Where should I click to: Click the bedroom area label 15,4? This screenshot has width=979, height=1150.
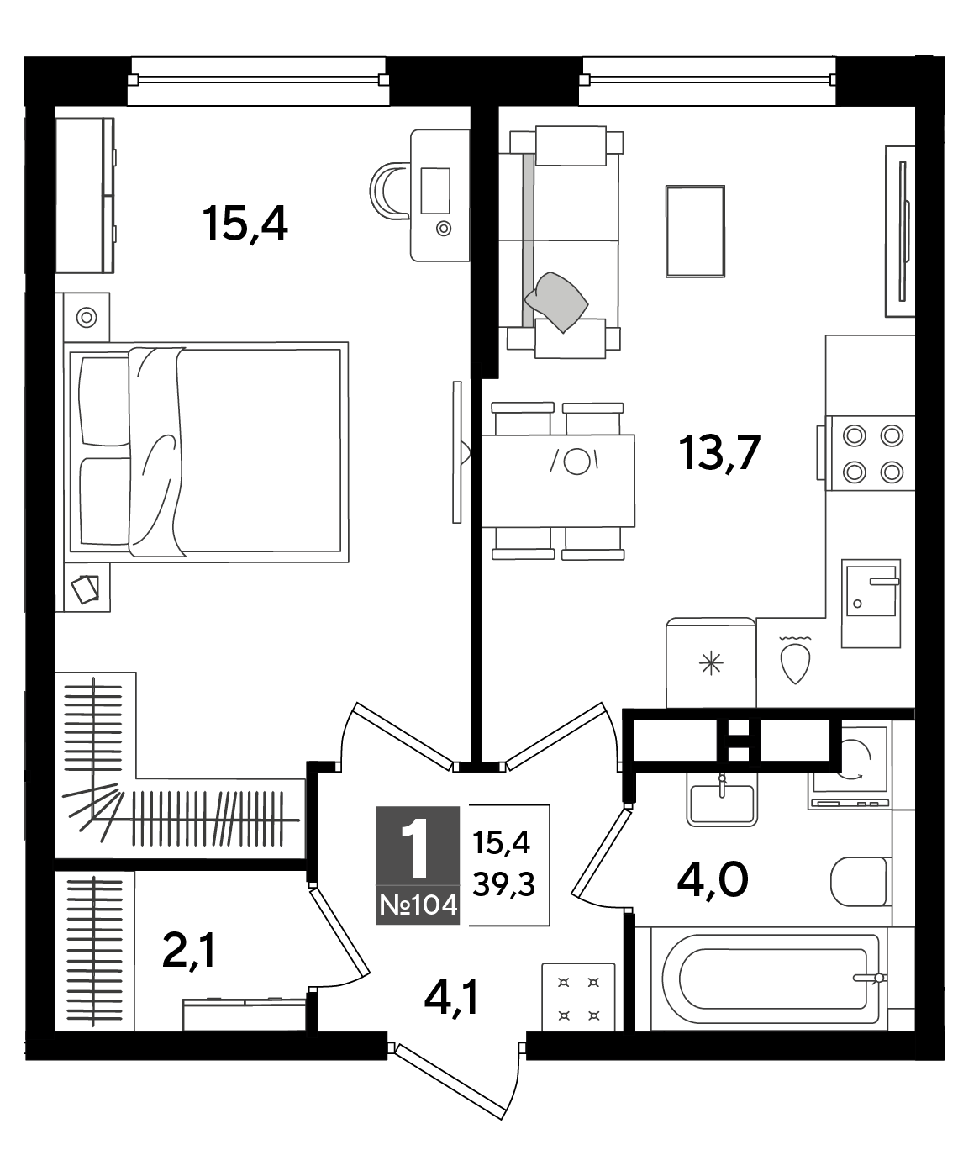[245, 224]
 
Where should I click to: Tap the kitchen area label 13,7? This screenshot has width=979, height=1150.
[719, 453]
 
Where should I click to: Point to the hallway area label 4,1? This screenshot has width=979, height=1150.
[451, 997]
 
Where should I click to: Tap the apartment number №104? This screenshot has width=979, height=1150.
[418, 906]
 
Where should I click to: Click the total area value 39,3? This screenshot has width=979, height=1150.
[504, 884]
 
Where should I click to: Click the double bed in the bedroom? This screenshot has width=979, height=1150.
[207, 452]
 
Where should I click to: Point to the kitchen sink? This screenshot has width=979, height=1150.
[871, 603]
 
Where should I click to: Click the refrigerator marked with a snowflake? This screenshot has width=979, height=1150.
[711, 662]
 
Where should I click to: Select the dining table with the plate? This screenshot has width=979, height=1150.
[559, 481]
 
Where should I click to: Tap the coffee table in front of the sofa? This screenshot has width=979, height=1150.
[695, 231]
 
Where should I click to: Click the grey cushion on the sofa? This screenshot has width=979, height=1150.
[556, 301]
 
